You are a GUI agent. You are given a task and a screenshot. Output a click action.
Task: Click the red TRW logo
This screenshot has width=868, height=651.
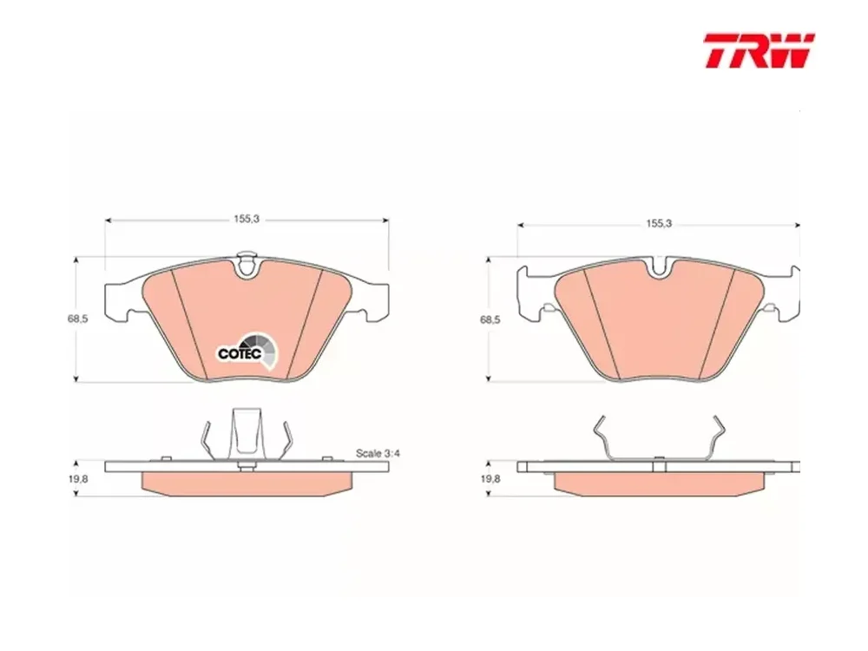(759, 50)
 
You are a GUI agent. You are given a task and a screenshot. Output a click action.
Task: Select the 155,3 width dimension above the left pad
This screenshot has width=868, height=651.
(247, 219)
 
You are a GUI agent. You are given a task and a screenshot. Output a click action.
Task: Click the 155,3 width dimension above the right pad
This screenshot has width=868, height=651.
(659, 223)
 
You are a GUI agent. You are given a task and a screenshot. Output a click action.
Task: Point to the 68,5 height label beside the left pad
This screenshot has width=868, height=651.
(77, 319)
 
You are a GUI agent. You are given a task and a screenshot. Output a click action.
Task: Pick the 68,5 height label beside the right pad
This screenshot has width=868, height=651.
(490, 320)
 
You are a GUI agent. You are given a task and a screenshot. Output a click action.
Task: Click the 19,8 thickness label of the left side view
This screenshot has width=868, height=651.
(78, 479)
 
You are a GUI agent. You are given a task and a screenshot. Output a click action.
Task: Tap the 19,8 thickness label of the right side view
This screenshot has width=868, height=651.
(490, 479)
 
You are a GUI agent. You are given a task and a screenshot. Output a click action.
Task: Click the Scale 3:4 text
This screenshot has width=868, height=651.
(378, 453)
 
